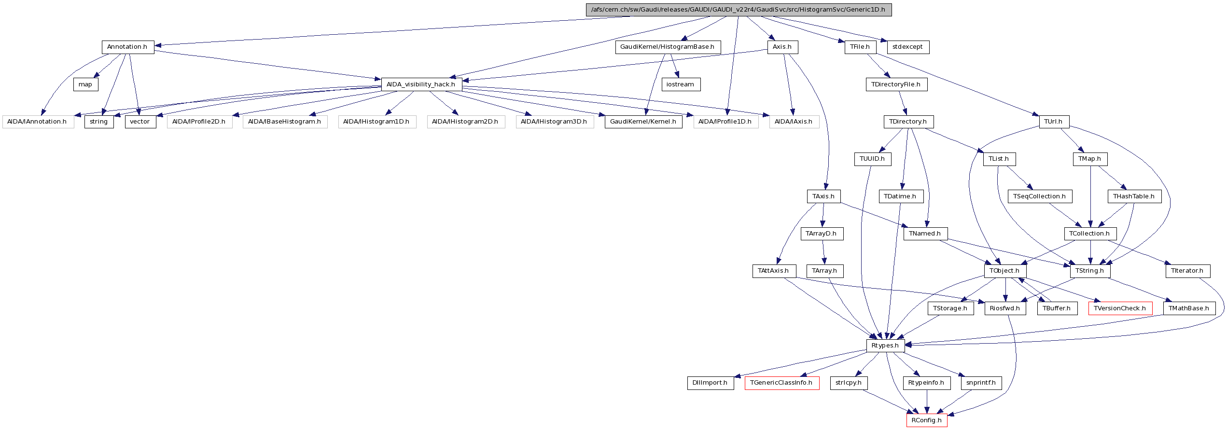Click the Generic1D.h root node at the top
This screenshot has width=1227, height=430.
(739, 10)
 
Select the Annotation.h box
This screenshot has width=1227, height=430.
(127, 47)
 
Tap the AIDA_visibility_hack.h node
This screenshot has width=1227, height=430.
(421, 84)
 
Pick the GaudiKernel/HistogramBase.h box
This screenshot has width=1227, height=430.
(668, 47)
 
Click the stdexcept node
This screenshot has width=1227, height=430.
(907, 47)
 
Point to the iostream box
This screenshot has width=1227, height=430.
(680, 84)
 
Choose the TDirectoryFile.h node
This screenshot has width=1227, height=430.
(896, 84)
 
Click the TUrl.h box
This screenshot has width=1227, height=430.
(1053, 122)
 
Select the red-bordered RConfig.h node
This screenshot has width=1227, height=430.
(926, 420)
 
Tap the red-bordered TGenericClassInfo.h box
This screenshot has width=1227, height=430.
(781, 383)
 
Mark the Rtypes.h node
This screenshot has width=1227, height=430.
(885, 346)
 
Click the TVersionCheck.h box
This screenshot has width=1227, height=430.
(1120, 308)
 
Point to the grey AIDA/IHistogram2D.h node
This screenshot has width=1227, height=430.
(465, 122)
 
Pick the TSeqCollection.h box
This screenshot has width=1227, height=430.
(1040, 196)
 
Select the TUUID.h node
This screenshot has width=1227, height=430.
(872, 159)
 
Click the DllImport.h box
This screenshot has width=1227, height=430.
(710, 383)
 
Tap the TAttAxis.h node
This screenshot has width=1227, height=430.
(773, 271)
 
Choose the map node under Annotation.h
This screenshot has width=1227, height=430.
(85, 84)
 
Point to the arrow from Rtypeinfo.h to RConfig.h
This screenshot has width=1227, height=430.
(927, 402)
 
